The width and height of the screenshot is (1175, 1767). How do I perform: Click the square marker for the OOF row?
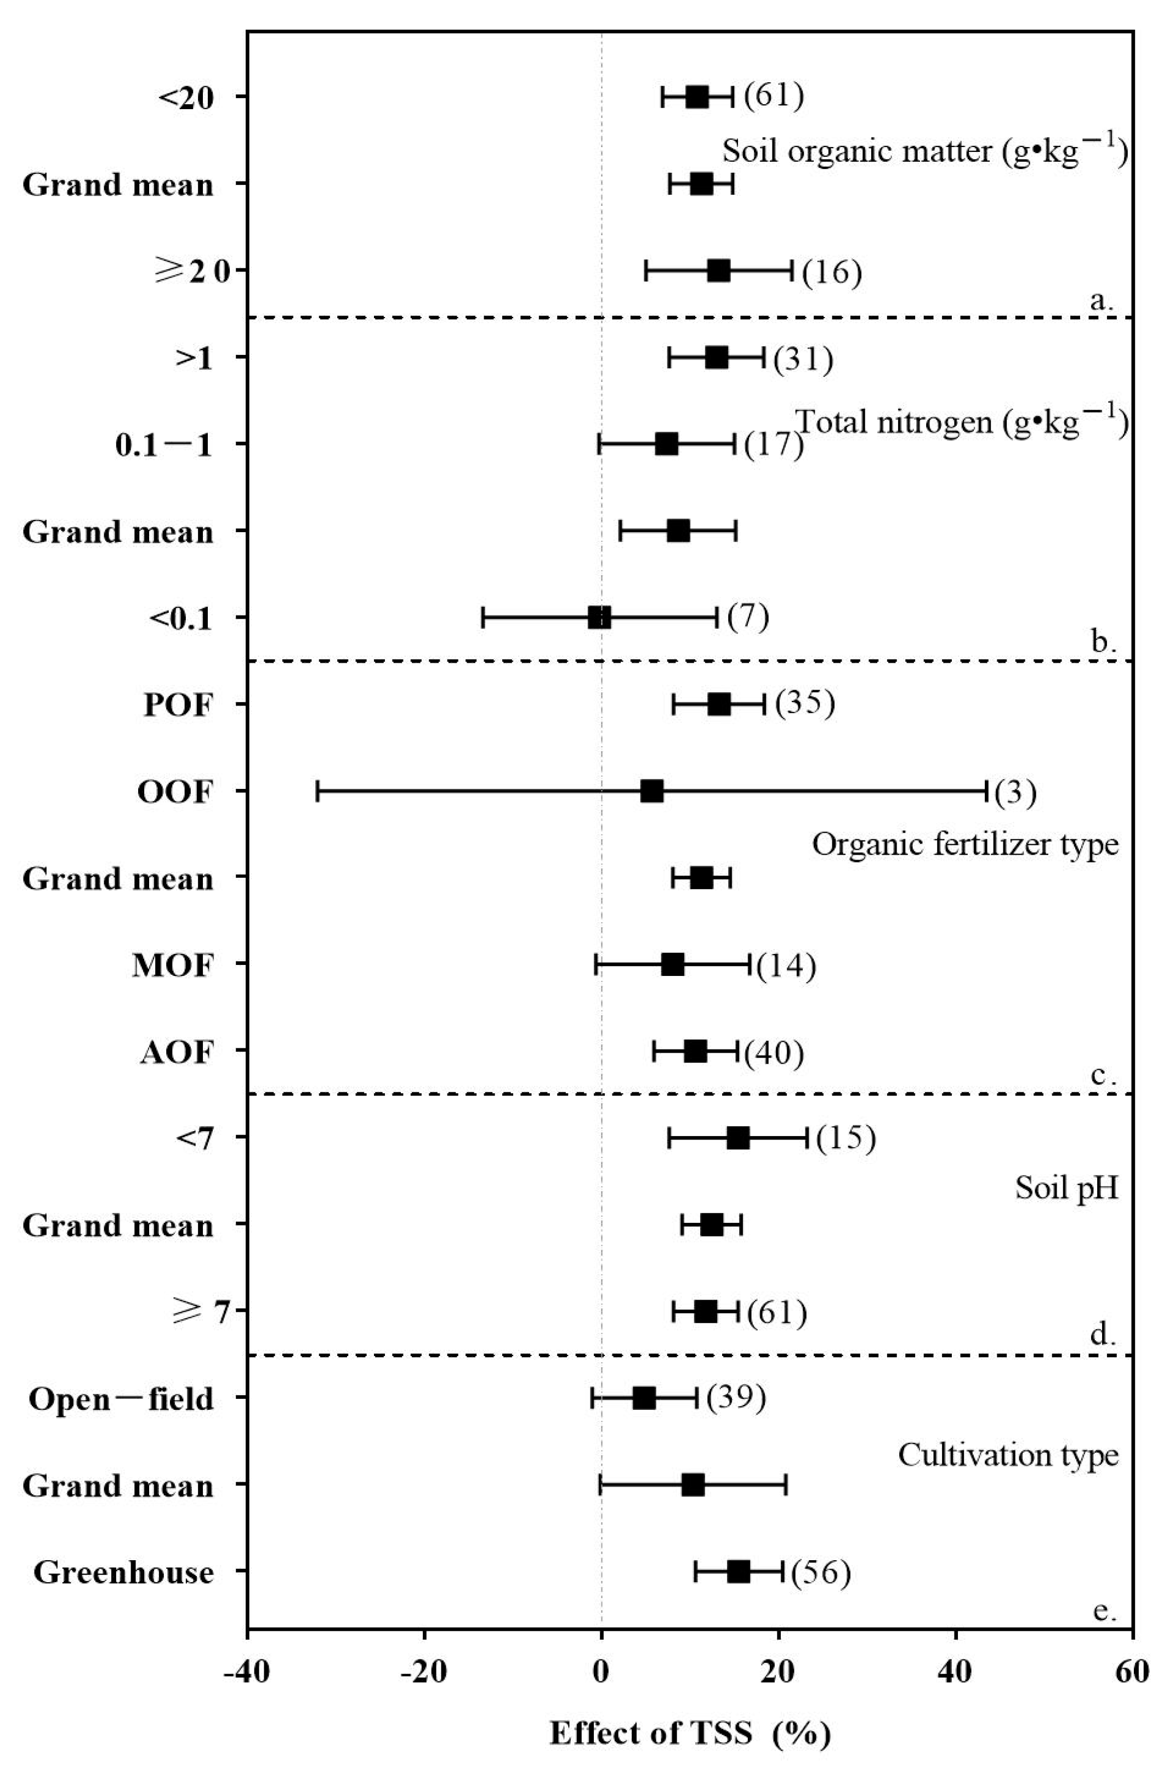click(652, 791)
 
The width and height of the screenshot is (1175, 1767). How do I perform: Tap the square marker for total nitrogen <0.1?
click(599, 618)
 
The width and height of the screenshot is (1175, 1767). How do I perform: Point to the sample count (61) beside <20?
click(774, 96)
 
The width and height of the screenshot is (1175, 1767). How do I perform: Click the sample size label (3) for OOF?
click(1015, 792)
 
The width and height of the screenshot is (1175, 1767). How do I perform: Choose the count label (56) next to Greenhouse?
click(821, 1572)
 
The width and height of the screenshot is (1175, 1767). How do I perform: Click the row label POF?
click(178, 705)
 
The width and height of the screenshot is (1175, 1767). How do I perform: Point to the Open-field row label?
click(121, 1399)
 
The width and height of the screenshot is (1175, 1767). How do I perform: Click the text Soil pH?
click(1067, 1188)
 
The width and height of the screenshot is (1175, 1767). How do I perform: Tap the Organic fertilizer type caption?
click(965, 844)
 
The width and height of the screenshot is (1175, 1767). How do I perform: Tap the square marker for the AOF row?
click(695, 1051)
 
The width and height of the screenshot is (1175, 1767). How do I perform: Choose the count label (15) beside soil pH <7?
click(845, 1138)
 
